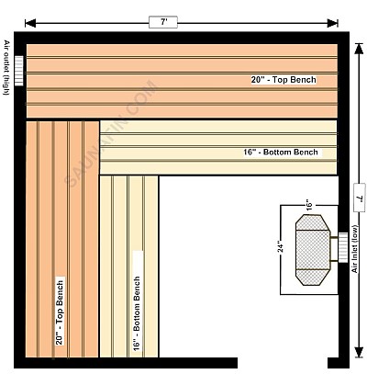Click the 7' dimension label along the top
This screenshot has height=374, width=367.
click(163, 22)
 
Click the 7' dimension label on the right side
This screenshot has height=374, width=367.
click(359, 198)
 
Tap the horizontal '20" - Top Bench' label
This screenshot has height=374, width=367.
click(284, 80)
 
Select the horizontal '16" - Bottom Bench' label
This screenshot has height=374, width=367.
click(281, 153)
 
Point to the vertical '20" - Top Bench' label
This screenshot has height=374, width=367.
click(60, 313)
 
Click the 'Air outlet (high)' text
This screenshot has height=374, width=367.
click(6, 67)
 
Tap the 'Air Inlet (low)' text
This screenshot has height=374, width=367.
click(354, 249)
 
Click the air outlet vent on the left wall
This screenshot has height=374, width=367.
click(19, 71)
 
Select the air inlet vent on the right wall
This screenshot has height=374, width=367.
click(343, 247)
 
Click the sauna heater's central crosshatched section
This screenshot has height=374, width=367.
click(313, 250)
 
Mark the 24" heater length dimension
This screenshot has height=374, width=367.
click(281, 245)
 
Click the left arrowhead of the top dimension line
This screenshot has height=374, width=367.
click(30, 23)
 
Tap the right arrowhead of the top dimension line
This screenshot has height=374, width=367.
click(333, 23)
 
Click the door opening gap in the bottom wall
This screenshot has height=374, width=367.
click(283, 363)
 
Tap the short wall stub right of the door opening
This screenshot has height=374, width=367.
click(339, 363)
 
